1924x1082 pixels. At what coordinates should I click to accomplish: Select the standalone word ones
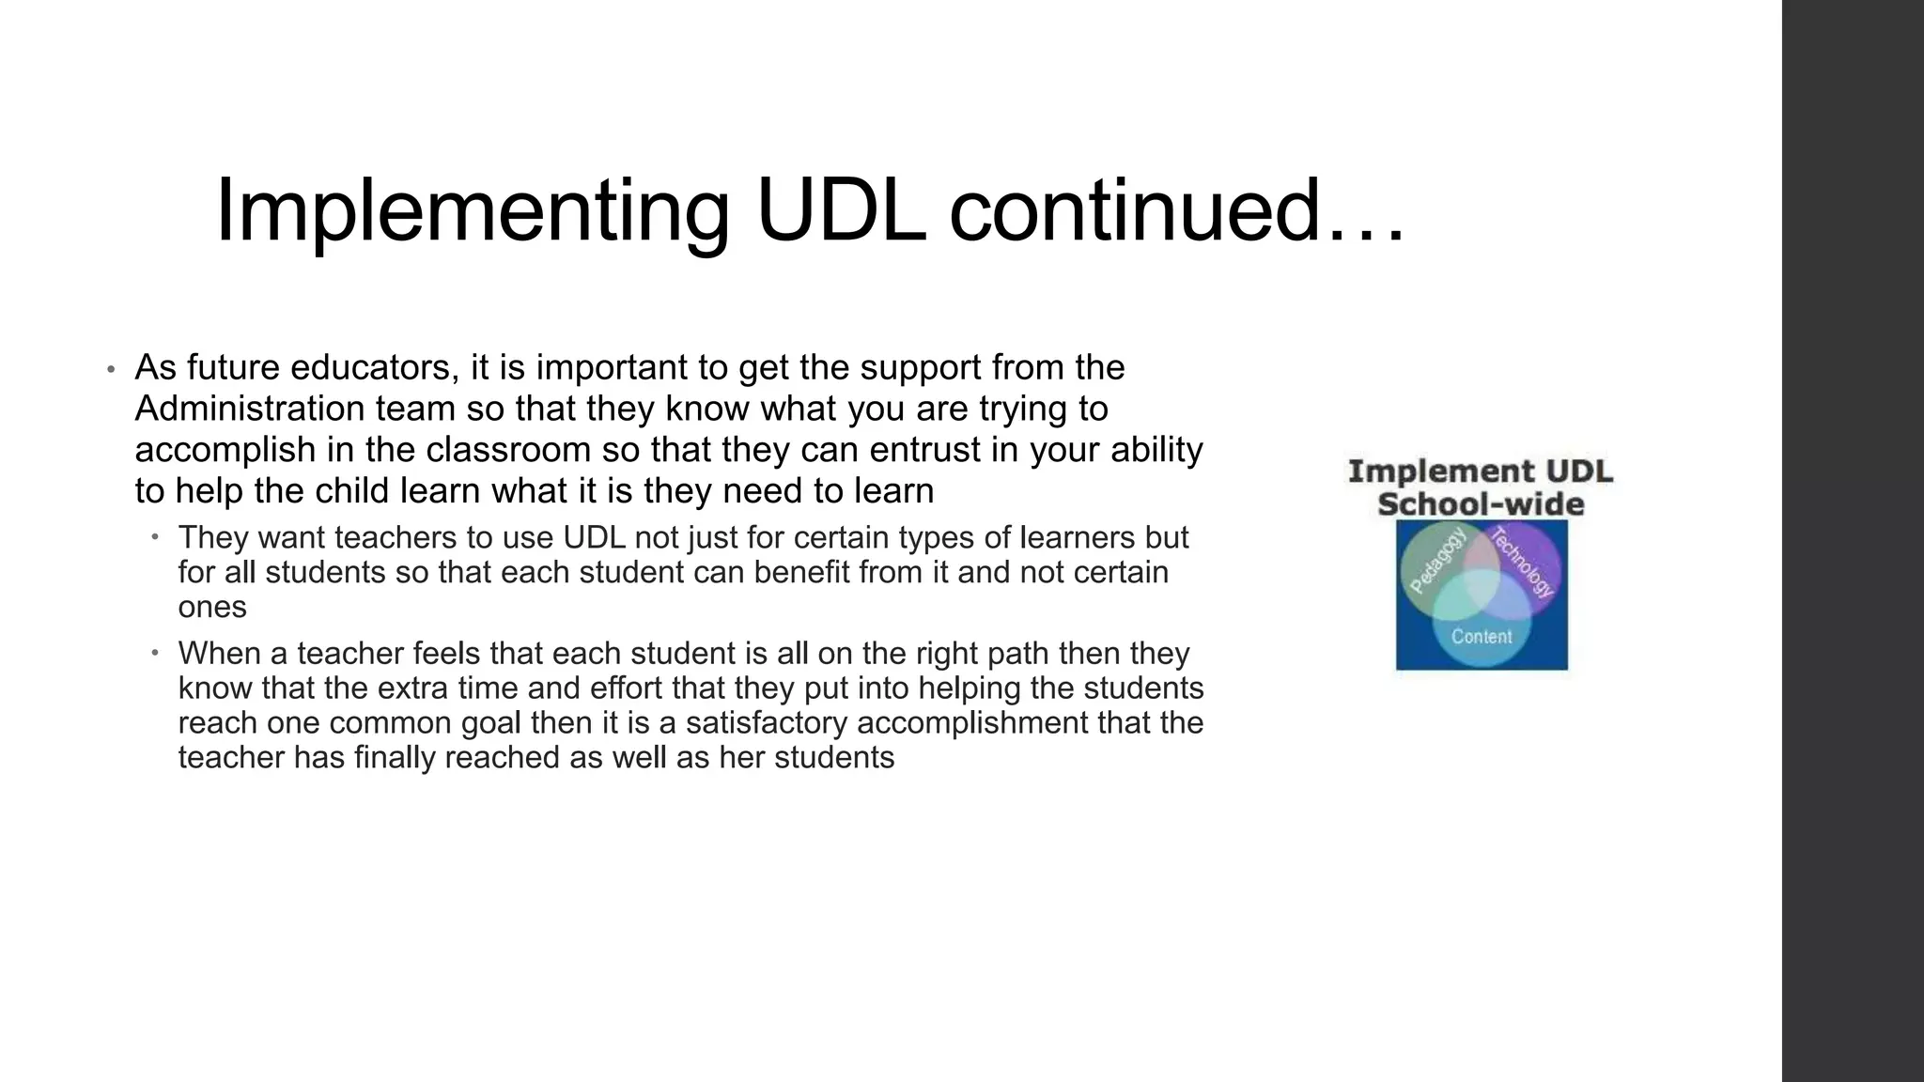click(212, 608)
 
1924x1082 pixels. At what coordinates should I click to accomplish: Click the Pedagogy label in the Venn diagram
click(1437, 562)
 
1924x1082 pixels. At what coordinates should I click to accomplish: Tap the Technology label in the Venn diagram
click(1523, 563)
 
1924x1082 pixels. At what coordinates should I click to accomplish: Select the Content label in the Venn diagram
click(1482, 637)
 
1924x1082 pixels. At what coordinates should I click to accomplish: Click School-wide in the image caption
click(1481, 504)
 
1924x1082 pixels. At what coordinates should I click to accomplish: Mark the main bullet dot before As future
click(110, 369)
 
